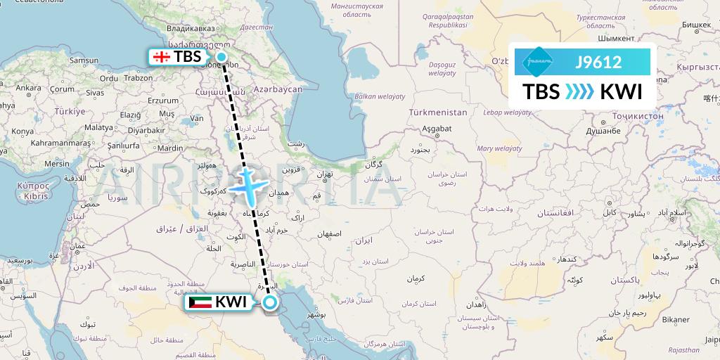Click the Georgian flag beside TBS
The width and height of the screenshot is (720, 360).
(x=161, y=57)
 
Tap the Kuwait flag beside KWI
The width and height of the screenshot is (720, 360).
(x=200, y=303)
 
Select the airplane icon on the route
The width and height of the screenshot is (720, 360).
(x=247, y=186)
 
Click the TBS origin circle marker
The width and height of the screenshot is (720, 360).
(x=221, y=57)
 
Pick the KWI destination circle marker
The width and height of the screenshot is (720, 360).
(x=270, y=303)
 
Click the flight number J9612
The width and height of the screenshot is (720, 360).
(x=598, y=62)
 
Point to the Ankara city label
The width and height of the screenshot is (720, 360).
(x=28, y=88)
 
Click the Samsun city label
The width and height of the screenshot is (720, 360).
(x=84, y=60)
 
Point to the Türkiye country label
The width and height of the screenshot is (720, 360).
(x=70, y=111)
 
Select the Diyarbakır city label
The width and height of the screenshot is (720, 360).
(x=146, y=130)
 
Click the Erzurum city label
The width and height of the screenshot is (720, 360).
(x=162, y=101)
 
